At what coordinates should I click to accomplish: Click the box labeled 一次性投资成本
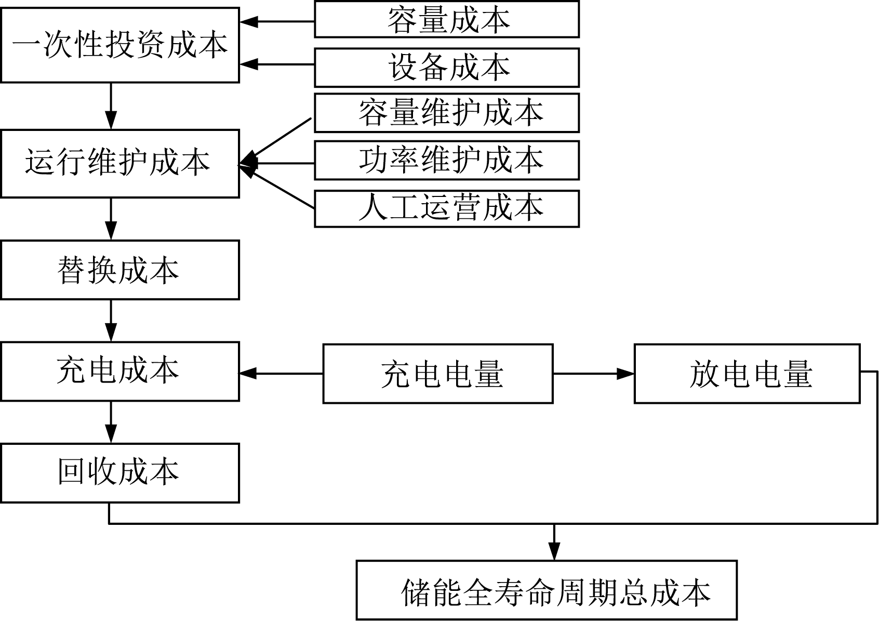(x=120, y=45)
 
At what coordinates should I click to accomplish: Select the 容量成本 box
(x=447, y=20)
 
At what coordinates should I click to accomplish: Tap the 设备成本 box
(x=447, y=68)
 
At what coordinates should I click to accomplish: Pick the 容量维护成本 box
(x=447, y=113)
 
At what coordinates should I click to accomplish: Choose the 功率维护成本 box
(x=447, y=161)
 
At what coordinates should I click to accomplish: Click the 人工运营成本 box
(x=447, y=208)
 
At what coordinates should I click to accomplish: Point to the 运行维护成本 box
(x=120, y=163)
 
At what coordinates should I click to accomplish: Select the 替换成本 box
(x=120, y=270)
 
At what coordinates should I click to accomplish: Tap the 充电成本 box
(x=120, y=371)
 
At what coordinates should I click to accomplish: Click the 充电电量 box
(x=438, y=373)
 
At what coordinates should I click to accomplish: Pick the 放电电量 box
(x=747, y=373)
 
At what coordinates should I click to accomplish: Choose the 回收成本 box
(x=120, y=473)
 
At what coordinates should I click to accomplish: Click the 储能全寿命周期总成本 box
(x=547, y=590)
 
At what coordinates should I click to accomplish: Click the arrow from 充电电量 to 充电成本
(x=281, y=373)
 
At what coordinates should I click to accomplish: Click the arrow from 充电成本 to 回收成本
(x=111, y=422)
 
